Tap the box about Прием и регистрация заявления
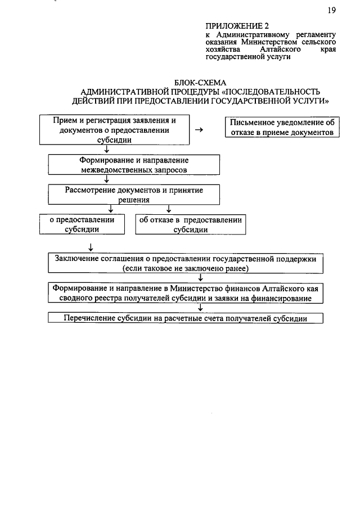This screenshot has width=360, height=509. (x=114, y=129)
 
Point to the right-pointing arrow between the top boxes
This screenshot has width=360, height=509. (x=199, y=130)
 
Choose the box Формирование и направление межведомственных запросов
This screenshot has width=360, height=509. (x=133, y=164)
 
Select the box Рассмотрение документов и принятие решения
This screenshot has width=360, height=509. (x=133, y=195)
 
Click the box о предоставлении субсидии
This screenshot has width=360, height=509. (x=84, y=224)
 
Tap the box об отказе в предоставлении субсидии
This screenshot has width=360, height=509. (x=191, y=224)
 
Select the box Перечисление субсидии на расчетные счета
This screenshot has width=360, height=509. (x=186, y=318)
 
